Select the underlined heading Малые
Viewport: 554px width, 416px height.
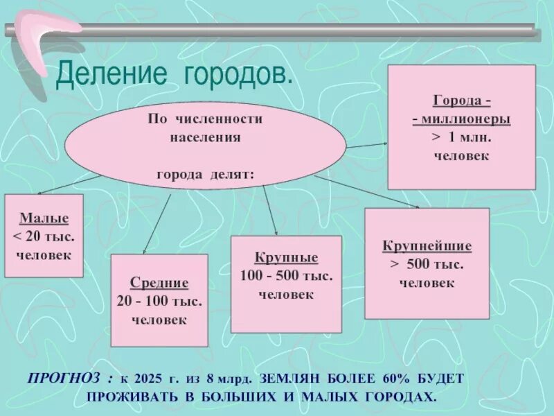pos(44,221)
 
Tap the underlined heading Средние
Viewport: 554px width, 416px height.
pos(159,284)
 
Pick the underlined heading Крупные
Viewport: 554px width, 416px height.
pos(286,258)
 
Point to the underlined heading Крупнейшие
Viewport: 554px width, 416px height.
pos(427,246)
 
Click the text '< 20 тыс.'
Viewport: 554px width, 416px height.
pos(44,238)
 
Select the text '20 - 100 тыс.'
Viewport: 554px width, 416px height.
pos(159,302)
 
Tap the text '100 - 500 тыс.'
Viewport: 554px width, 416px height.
pos(286,277)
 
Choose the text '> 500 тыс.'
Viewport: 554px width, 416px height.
pos(427,264)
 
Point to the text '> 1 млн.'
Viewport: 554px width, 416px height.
pos(461,137)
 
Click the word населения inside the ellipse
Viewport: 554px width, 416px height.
pos(205,137)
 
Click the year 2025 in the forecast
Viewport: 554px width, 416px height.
pos(150,379)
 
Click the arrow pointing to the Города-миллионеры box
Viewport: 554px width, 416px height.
pos(367,146)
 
